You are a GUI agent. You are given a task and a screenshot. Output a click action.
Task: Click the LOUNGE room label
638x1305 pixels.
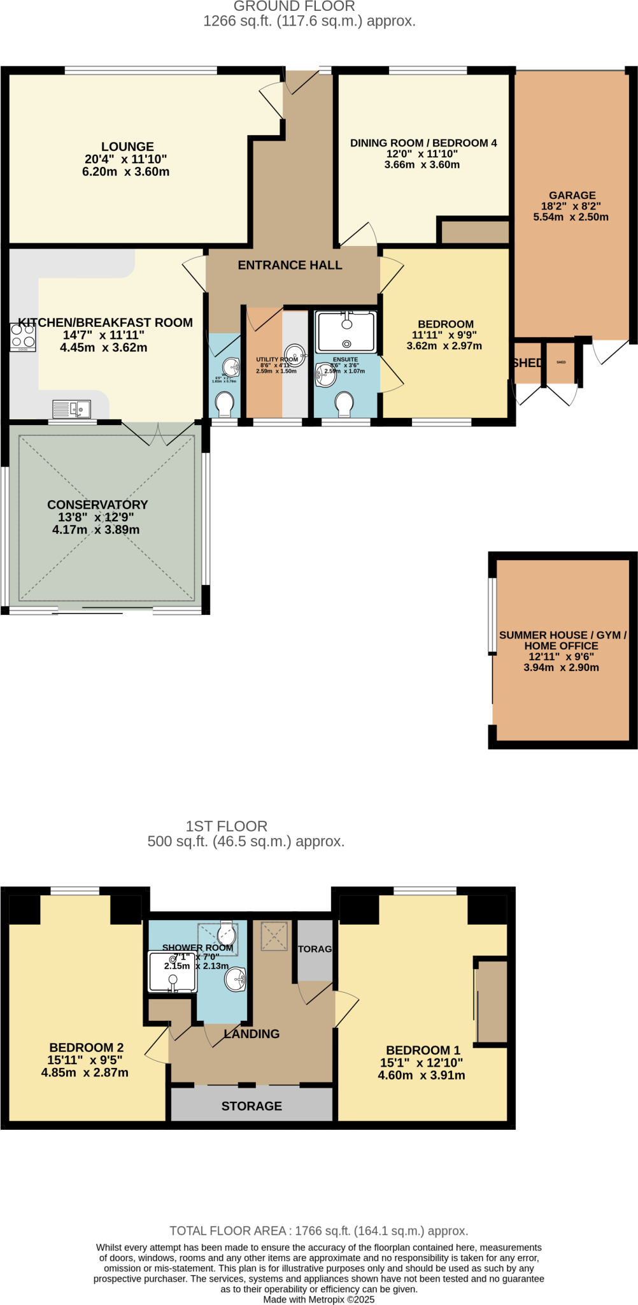127,147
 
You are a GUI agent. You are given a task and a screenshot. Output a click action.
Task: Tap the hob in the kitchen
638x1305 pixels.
22,337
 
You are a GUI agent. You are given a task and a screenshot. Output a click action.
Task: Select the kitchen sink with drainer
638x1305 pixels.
72,408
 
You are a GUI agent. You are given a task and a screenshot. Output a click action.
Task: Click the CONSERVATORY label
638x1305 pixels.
97,505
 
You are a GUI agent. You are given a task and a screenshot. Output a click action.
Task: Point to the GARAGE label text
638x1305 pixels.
572,196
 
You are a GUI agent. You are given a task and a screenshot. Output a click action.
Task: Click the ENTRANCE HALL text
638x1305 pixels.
290,265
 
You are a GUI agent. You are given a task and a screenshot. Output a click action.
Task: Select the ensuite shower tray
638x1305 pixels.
346,331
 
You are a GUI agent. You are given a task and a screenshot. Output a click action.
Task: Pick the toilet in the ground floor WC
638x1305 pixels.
225,403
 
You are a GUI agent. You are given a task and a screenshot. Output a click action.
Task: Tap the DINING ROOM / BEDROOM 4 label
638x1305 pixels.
423,143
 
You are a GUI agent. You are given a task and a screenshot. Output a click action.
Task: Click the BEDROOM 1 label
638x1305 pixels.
423,1050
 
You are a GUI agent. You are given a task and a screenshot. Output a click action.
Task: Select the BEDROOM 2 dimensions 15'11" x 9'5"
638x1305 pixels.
85,1060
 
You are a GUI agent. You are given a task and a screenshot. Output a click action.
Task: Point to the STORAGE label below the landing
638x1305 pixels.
252,1106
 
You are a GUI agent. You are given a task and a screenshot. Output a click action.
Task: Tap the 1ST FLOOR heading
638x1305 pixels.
226,826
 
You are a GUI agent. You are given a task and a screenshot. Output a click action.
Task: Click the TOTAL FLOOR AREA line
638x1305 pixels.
318,1231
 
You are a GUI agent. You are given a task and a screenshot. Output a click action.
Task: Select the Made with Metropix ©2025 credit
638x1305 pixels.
318,1299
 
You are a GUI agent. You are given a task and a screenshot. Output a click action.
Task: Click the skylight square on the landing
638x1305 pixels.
274,936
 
